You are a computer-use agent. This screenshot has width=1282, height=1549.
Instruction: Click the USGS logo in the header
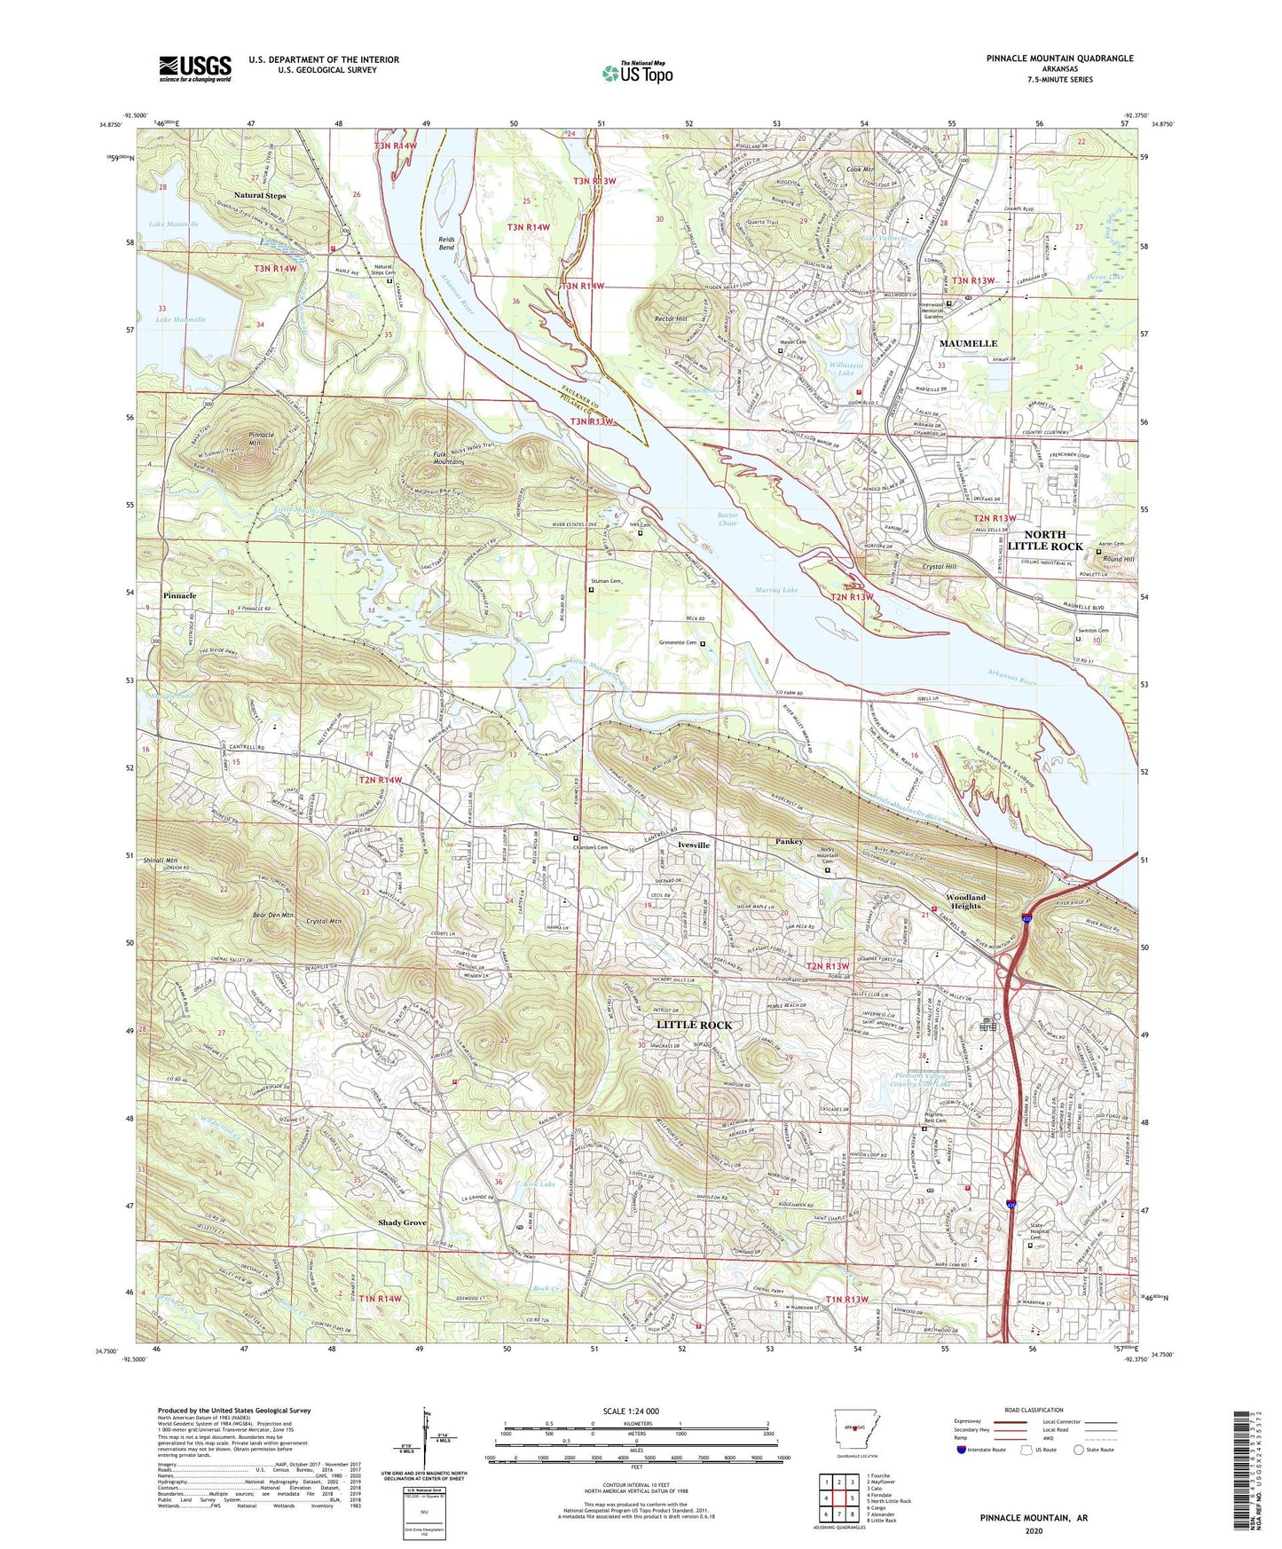pos(195,68)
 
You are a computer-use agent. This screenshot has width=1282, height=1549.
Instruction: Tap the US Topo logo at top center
pos(637,73)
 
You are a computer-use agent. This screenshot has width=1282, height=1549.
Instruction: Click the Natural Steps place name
pos(260,195)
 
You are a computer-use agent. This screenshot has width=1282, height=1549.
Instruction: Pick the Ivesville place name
pos(694,845)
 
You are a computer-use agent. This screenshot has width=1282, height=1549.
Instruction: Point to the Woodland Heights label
pos(965,901)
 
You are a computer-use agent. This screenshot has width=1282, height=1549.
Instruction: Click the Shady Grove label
pos(402,1223)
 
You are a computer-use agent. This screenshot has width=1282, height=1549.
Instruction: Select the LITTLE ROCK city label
pos(694,1025)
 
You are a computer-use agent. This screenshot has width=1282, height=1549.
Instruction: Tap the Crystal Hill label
pos(940,567)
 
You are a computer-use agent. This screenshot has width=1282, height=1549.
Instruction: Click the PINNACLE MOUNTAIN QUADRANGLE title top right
pos(1059,59)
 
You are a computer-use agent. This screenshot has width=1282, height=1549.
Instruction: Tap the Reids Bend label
pos(446,243)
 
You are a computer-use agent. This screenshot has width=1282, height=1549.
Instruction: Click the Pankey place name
pos(789,841)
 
